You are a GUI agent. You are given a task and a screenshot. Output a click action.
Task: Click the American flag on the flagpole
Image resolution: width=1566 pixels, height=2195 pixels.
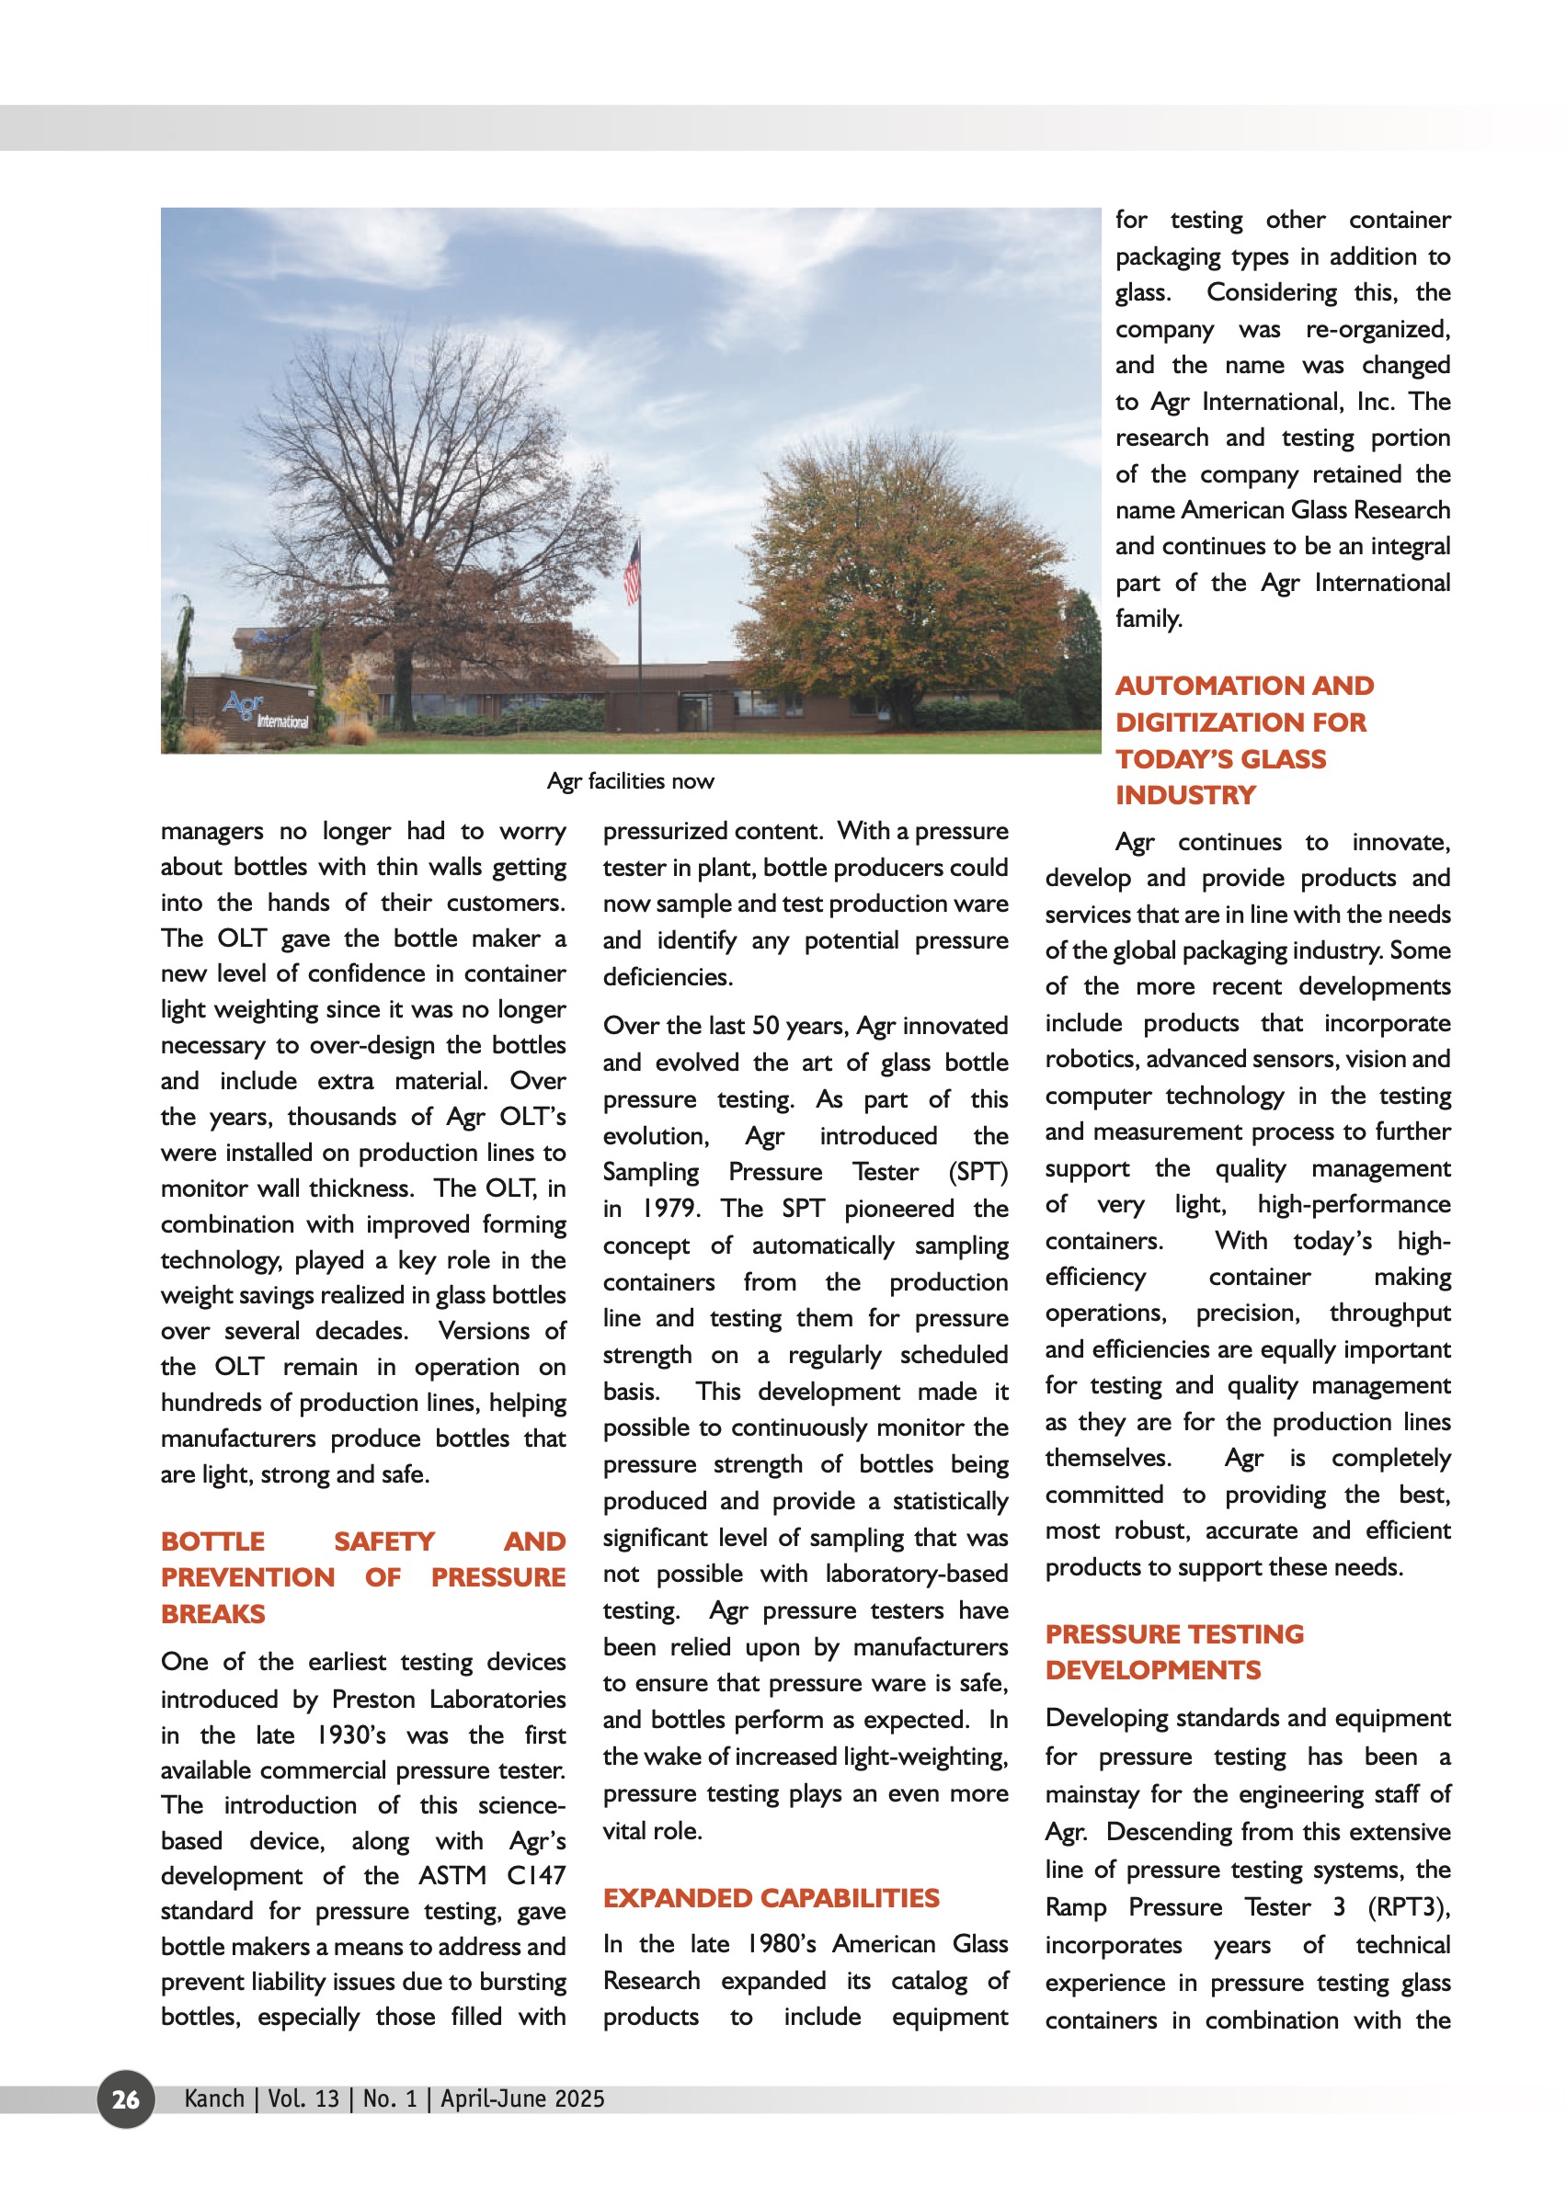pos(633,571)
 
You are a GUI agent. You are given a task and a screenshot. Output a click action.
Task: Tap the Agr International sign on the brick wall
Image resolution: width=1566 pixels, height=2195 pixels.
pos(264,711)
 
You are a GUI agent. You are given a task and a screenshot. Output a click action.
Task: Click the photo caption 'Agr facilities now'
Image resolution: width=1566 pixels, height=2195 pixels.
pos(630,780)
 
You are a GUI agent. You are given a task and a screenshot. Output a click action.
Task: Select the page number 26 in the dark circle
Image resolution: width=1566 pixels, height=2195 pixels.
pos(125,2098)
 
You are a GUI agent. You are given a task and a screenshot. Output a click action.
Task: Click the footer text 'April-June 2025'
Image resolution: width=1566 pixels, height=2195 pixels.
pos(522,2098)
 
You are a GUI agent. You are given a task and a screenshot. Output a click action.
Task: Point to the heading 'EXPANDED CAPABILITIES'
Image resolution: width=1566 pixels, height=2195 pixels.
pos(771,1898)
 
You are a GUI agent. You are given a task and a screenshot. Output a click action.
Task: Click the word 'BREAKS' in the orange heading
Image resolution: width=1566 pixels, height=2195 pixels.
pos(213,1614)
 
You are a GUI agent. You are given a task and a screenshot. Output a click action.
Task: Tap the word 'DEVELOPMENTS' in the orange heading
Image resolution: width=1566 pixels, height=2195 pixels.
pos(1152,1669)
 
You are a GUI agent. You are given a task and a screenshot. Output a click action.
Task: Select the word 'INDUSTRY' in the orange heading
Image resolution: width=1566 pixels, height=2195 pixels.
pos(1185,795)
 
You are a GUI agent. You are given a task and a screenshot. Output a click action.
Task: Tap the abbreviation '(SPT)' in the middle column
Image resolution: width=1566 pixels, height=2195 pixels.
pos(977,1172)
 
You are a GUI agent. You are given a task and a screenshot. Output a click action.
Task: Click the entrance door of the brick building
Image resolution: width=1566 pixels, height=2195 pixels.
pos(692,713)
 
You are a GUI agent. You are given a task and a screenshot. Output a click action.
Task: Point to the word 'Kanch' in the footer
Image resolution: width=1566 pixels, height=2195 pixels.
pos(214,2098)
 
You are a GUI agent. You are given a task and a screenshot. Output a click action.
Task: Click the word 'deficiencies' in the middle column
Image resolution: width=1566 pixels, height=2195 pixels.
pos(668,976)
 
